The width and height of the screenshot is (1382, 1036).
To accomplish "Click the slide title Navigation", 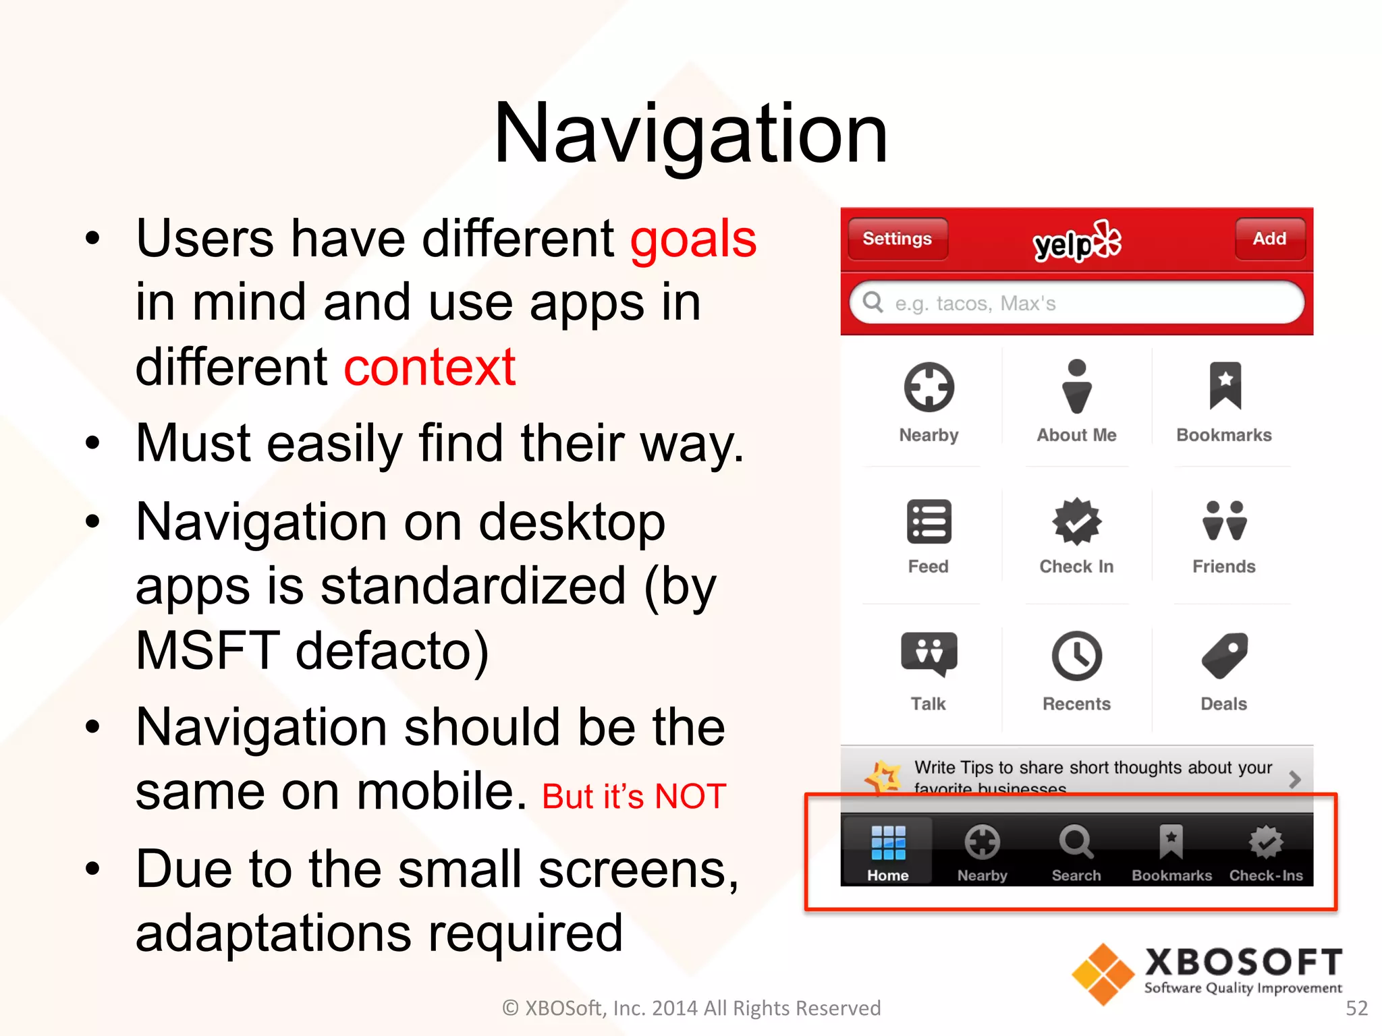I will [x=690, y=134].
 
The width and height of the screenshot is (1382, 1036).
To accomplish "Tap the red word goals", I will [x=693, y=239].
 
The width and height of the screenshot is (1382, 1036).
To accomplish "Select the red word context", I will [x=430, y=368].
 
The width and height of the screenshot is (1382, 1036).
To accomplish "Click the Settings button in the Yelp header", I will [x=897, y=239].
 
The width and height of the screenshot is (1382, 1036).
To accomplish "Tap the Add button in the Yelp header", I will [x=1269, y=239].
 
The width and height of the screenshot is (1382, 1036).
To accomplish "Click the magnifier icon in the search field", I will [x=873, y=302].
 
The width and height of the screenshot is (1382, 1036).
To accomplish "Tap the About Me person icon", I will [x=1077, y=386].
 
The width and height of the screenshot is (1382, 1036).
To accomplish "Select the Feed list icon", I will [x=929, y=521].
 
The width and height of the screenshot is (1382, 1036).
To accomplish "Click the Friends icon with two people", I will [x=1224, y=521].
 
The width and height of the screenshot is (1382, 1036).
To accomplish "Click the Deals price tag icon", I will [x=1224, y=655].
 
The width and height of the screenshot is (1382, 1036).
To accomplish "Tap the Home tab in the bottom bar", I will [x=888, y=852].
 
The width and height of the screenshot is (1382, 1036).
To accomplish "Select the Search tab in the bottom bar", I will [x=1076, y=852].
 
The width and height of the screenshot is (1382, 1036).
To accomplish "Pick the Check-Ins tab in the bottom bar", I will [x=1266, y=852].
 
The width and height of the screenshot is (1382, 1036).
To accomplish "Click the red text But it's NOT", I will [x=634, y=797].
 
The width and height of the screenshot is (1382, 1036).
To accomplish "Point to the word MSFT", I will [x=208, y=650].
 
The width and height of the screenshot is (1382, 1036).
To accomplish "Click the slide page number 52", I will [x=1356, y=1008].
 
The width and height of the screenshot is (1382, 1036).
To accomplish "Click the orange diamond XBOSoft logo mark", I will [x=1103, y=974].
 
